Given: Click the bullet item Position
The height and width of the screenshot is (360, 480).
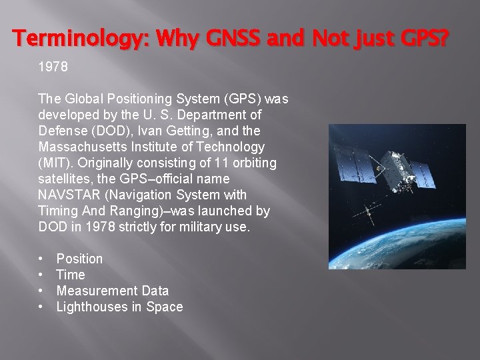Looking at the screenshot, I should [x=79, y=259].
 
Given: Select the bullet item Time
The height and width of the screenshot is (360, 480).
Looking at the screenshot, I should [x=71, y=275].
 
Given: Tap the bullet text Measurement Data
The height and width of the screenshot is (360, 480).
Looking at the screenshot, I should [x=112, y=291].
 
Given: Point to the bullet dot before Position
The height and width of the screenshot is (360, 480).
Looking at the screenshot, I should [x=41, y=259].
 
